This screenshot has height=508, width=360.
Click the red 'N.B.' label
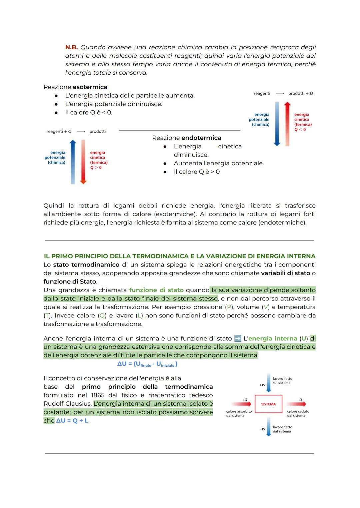tap(71, 47)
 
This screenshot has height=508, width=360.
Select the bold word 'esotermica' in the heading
tap(90, 87)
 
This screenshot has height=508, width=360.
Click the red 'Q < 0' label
tap(300, 130)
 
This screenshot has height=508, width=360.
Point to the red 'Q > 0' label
tap(96, 168)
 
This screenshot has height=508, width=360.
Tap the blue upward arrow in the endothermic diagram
tap(73, 162)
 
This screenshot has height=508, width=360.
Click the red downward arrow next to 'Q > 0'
tap(83, 162)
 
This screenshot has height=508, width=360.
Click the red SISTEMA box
tap(268, 404)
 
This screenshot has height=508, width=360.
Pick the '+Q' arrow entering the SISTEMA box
tap(241, 404)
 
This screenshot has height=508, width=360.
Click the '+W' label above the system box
tap(262, 385)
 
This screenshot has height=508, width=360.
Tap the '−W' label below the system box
tap(262, 429)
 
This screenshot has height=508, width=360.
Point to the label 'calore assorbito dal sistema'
tap(239, 413)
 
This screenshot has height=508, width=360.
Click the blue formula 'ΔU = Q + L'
tap(72, 421)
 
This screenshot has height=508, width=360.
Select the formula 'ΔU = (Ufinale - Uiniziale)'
tap(147, 364)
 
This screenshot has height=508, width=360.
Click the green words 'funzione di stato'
tap(156, 290)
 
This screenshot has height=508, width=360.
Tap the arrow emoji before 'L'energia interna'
tap(238, 338)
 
